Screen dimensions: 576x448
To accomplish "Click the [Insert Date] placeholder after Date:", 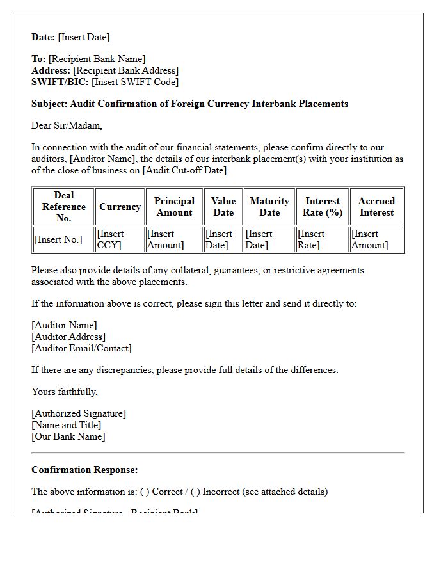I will point(84,37).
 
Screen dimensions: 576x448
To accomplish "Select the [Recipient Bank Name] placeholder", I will point(97,59).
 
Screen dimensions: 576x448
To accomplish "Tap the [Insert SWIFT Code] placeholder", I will point(135,82).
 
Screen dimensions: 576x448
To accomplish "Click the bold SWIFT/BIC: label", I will point(60,82).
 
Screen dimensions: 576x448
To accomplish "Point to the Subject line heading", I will point(189,104).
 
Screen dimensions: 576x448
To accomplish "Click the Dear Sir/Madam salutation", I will point(67,125).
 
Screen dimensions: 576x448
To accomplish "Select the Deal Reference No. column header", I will point(63,207).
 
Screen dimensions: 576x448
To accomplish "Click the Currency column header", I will point(120,207).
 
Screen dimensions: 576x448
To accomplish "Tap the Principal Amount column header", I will point(174,207).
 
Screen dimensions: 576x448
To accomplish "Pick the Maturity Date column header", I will point(269,207).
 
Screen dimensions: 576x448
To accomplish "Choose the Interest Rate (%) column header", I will point(323,207).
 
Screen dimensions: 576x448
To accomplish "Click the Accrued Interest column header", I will point(376,207).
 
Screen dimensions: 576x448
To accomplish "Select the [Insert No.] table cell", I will point(58,239).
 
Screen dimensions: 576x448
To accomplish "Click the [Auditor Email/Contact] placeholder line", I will point(81,348).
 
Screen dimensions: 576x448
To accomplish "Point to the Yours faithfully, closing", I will point(65,392).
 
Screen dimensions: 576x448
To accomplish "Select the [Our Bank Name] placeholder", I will point(68,436).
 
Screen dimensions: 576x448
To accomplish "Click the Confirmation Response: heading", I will point(84,470).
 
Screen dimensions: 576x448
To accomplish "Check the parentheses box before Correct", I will point(145,492).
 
